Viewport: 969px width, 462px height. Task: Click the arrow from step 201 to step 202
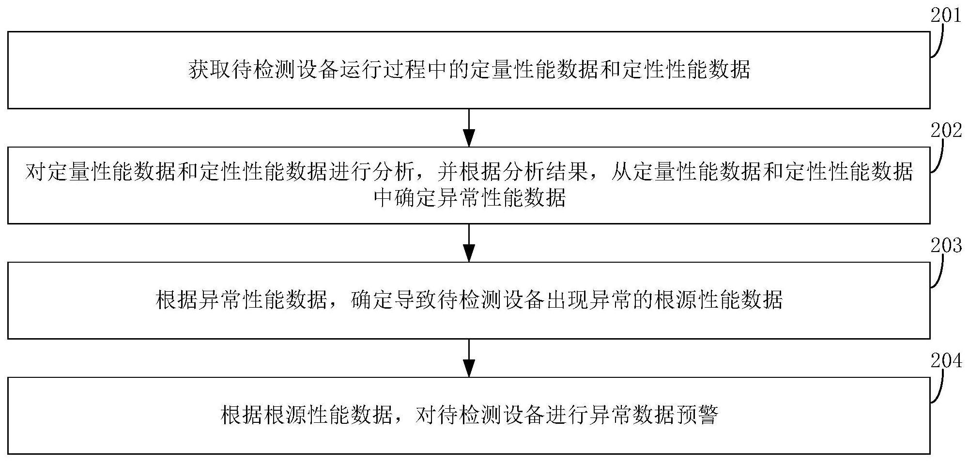tap(469, 128)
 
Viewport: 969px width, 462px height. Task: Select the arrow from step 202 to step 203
tap(469, 243)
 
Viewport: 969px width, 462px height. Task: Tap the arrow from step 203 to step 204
tap(469, 358)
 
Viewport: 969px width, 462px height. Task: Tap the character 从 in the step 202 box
tap(621, 172)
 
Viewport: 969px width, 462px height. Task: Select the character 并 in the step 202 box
tap(448, 172)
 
